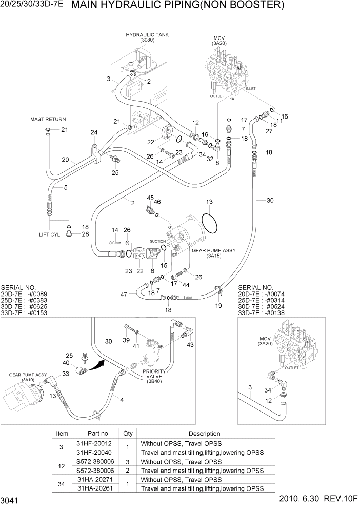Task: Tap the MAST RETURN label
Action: click(48, 119)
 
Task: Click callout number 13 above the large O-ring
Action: click(209, 202)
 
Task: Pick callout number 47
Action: click(124, 294)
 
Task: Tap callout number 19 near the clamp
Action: click(218, 305)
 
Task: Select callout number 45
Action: click(150, 198)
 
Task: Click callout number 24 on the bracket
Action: click(94, 133)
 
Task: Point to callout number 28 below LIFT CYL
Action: click(85, 234)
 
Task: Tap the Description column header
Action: click(204, 434)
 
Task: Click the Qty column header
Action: click(128, 434)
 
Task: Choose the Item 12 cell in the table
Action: click(62, 465)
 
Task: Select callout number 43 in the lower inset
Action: click(191, 344)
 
